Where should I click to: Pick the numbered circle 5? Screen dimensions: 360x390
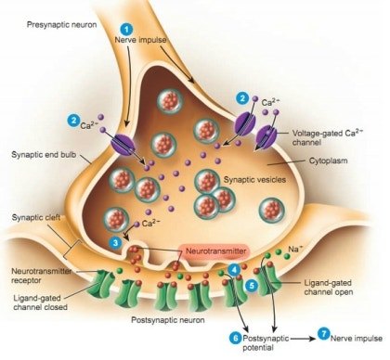point(252,286)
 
